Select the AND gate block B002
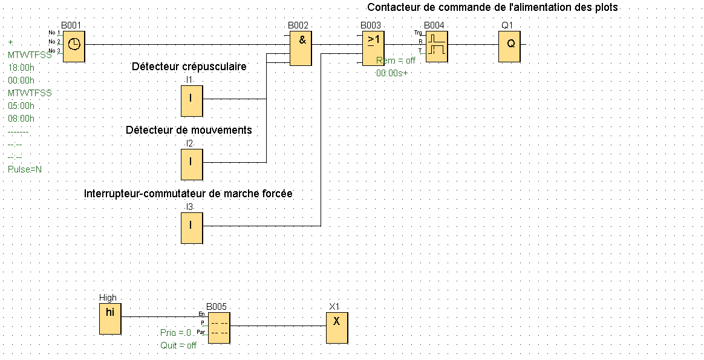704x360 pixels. pyautogui.click(x=301, y=48)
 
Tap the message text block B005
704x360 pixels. pyautogui.click(x=219, y=328)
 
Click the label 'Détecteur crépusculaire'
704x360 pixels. pyautogui.click(x=189, y=67)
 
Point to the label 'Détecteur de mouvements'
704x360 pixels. pyautogui.click(x=189, y=130)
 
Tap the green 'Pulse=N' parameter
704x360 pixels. pyautogui.click(x=25, y=169)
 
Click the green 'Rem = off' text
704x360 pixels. pyautogui.click(x=397, y=61)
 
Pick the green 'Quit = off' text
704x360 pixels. pyautogui.click(x=178, y=345)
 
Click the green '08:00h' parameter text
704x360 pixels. pyautogui.click(x=21, y=119)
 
